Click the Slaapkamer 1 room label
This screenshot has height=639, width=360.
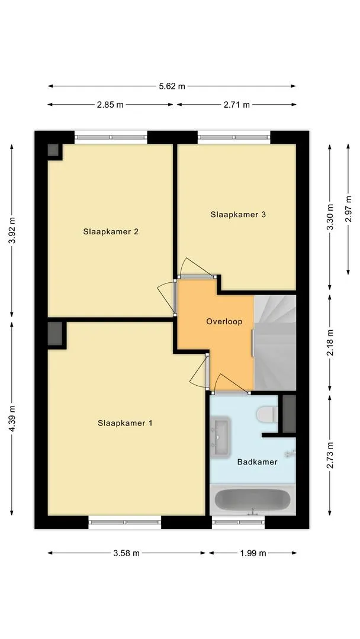[125, 423]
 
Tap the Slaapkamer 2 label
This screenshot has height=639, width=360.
[111, 231]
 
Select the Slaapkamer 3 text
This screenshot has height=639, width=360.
[238, 214]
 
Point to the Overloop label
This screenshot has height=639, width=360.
[224, 321]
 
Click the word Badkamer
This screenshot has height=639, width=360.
[257, 462]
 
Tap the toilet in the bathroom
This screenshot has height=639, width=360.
[267, 414]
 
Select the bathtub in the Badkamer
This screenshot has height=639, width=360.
[253, 500]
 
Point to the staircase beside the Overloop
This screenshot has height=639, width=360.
[275, 343]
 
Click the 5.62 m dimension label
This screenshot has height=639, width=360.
[172, 86]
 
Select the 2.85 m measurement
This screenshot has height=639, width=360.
[110, 105]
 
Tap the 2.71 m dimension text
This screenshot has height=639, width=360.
[236, 105]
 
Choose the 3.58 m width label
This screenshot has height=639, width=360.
[126, 553]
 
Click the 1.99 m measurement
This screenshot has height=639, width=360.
[253, 553]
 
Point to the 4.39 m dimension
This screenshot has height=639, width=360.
[12, 418]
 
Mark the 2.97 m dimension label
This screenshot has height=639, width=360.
[348, 209]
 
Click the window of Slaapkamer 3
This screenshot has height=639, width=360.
[234, 137]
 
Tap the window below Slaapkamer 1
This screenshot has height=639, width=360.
[125, 522]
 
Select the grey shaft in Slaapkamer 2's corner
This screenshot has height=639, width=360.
[53, 150]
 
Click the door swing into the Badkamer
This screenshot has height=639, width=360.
[232, 383]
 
